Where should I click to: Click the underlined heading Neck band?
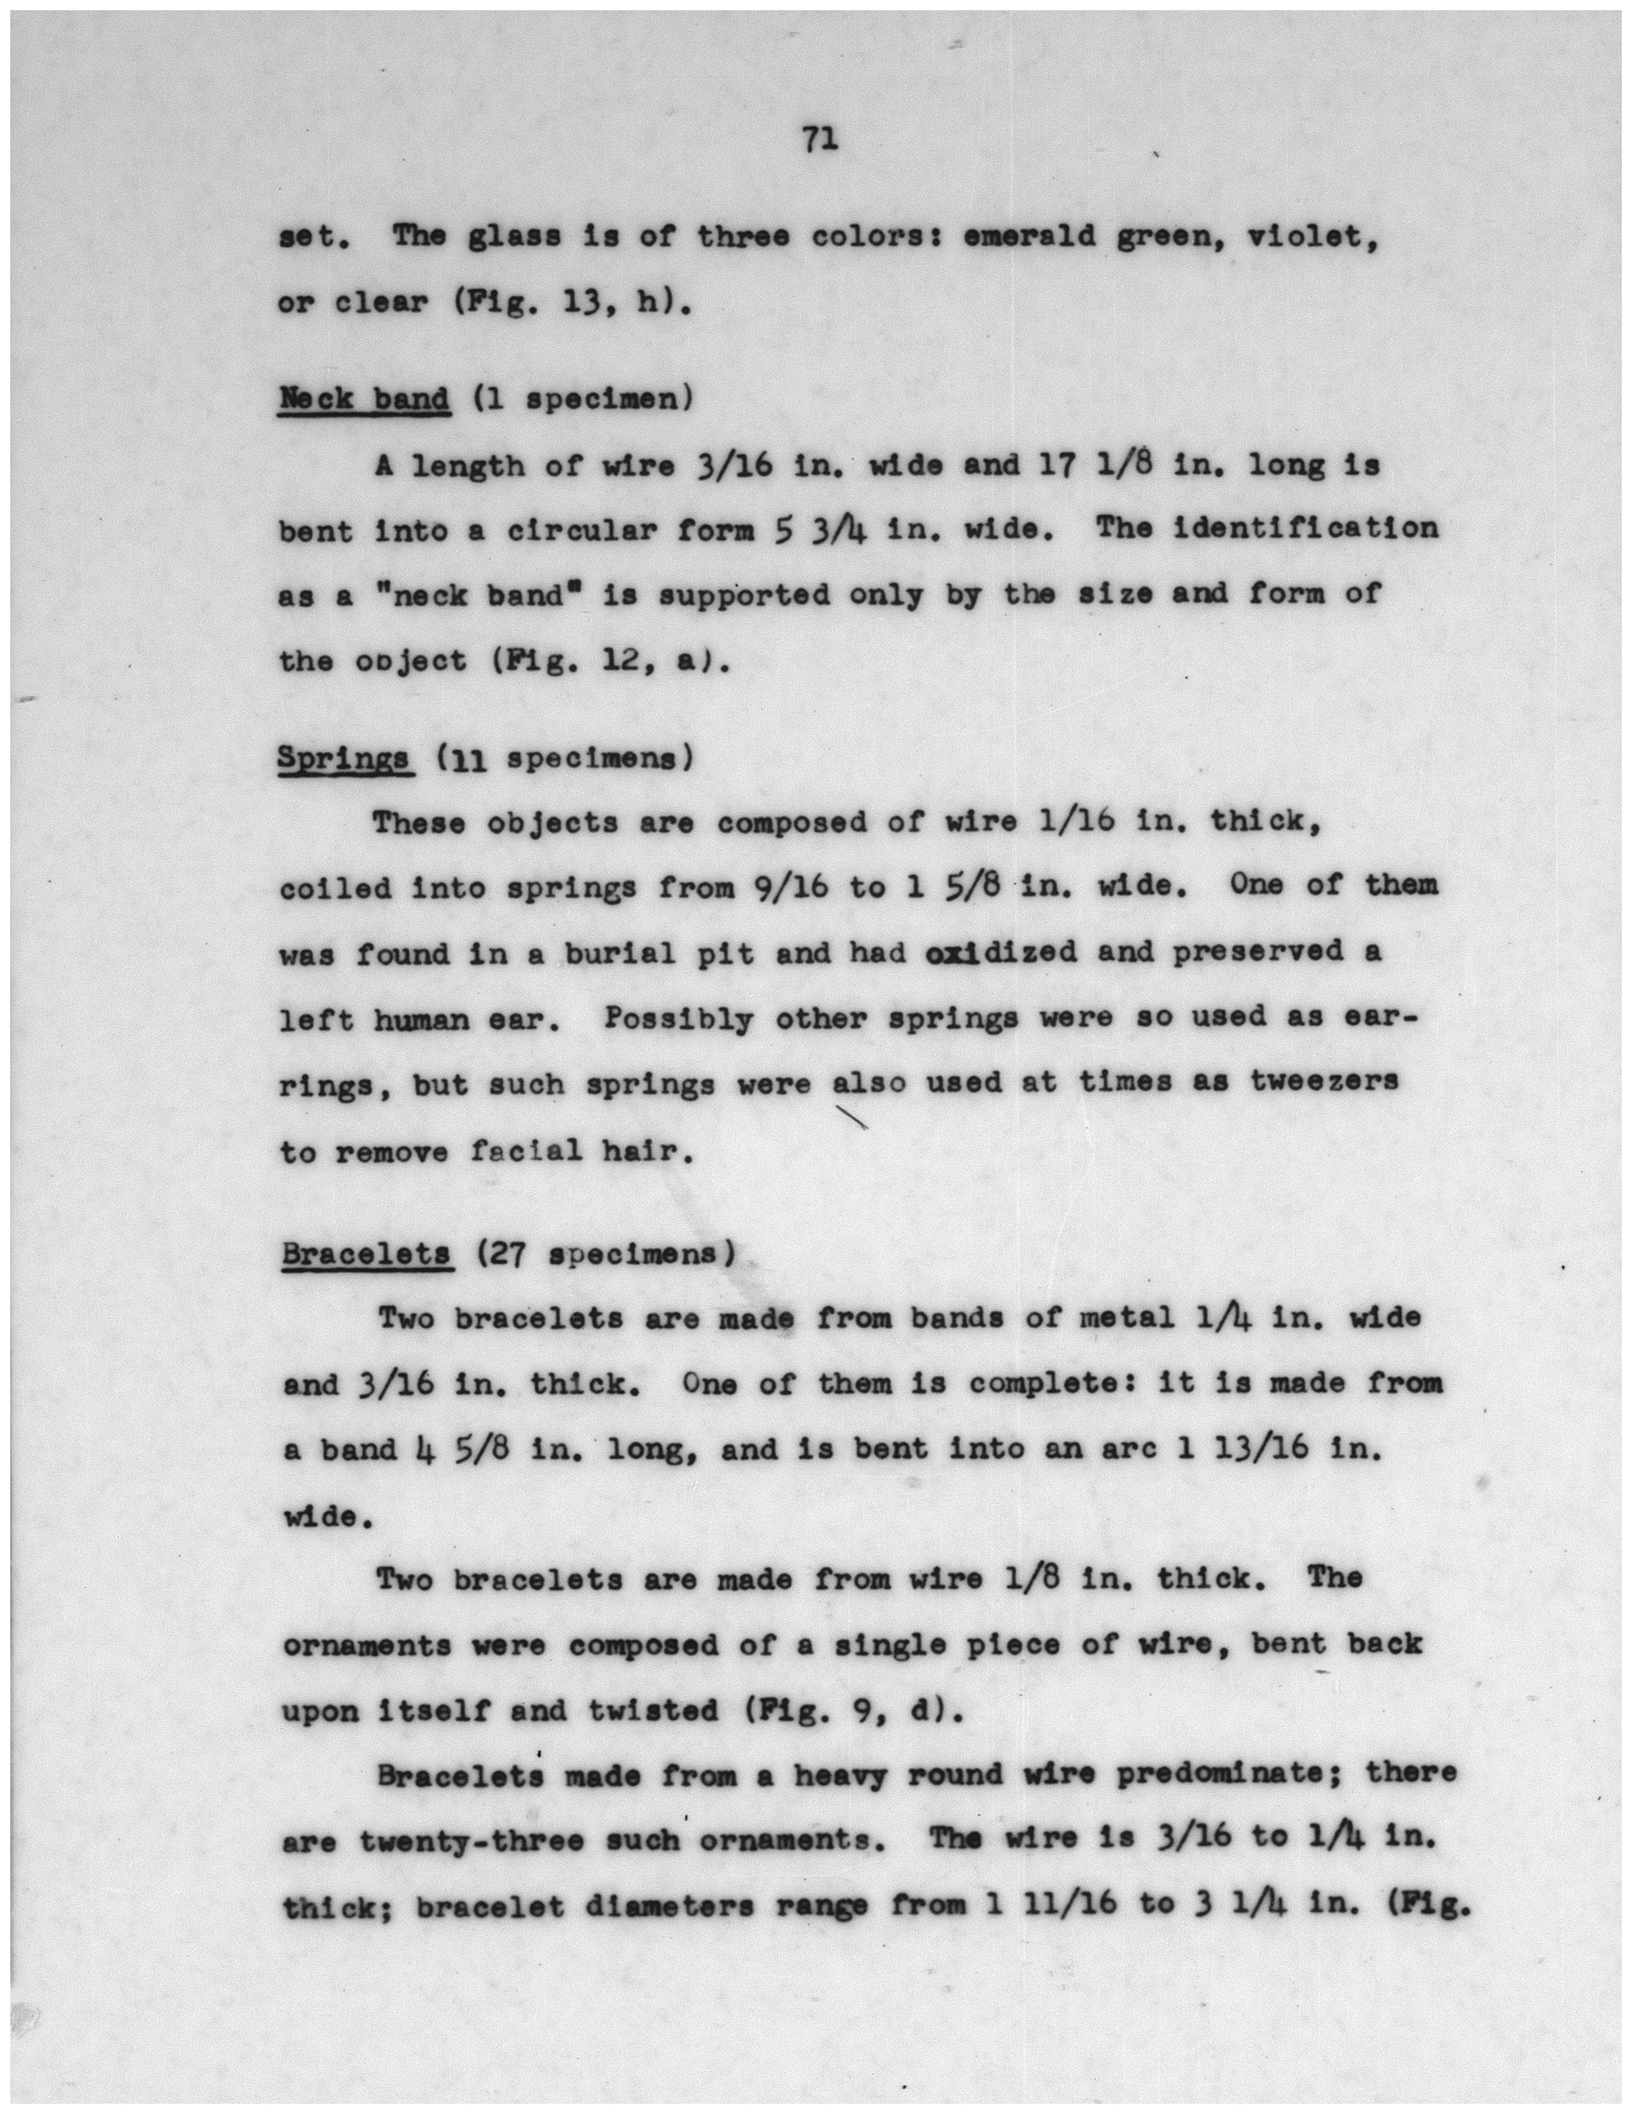tap(364, 399)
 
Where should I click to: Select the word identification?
tap(1305, 530)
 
